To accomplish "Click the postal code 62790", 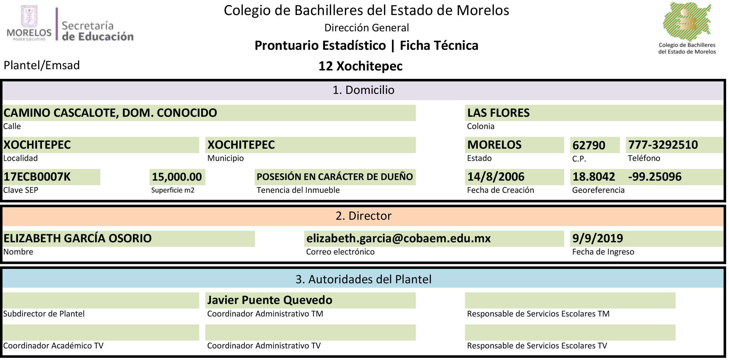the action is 589,145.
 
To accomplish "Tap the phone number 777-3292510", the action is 663,145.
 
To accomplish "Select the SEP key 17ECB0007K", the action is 37,177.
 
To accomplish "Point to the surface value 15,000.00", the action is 177,177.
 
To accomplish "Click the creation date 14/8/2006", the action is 496,177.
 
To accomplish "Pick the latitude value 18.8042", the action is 594,177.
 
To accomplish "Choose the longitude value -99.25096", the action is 655,177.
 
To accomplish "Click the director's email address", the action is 398,239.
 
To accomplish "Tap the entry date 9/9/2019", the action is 598,239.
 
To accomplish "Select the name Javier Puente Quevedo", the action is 270,300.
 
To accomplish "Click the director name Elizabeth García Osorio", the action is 78,239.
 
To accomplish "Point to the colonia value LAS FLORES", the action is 498,113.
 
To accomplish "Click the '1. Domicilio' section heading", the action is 363,90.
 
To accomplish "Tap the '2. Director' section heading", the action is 363,216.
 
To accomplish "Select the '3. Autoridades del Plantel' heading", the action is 363,279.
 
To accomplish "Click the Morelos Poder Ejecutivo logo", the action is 29,23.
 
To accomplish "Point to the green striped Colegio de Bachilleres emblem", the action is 687,21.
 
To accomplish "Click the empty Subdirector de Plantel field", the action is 101,301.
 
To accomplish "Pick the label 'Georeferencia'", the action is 598,190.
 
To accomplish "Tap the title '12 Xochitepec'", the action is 360,66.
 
